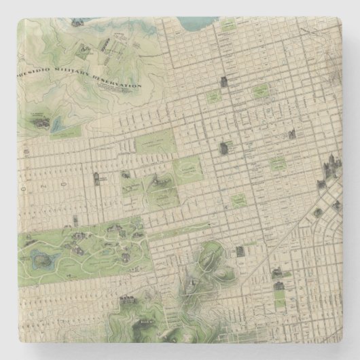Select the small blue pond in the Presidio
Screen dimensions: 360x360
(57, 124)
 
